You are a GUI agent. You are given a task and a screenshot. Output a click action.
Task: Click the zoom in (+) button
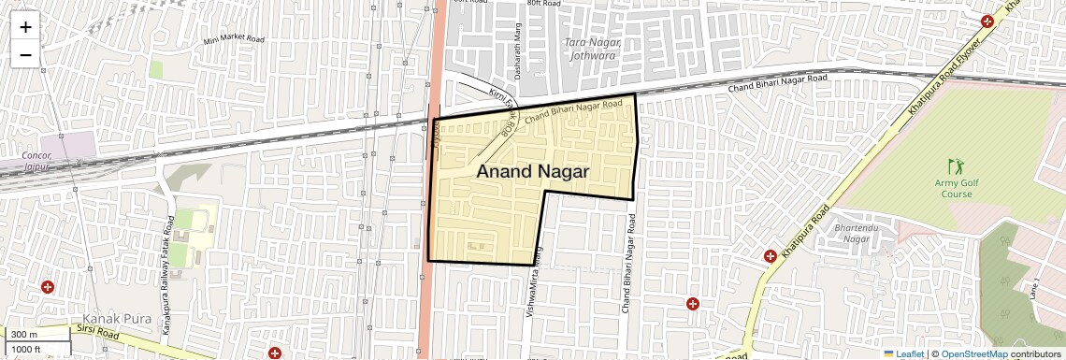point(25,27)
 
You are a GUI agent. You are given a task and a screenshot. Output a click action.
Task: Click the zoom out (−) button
point(25,54)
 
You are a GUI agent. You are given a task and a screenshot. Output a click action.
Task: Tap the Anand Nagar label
point(532,171)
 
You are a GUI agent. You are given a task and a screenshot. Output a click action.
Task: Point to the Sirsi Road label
point(98,332)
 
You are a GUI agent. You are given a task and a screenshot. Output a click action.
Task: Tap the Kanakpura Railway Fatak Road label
point(168,276)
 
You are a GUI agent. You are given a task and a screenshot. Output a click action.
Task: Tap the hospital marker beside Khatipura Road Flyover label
point(987,22)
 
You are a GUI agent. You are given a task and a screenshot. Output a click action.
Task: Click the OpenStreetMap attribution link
point(973,353)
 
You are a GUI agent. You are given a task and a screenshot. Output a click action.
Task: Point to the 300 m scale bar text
point(24,335)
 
